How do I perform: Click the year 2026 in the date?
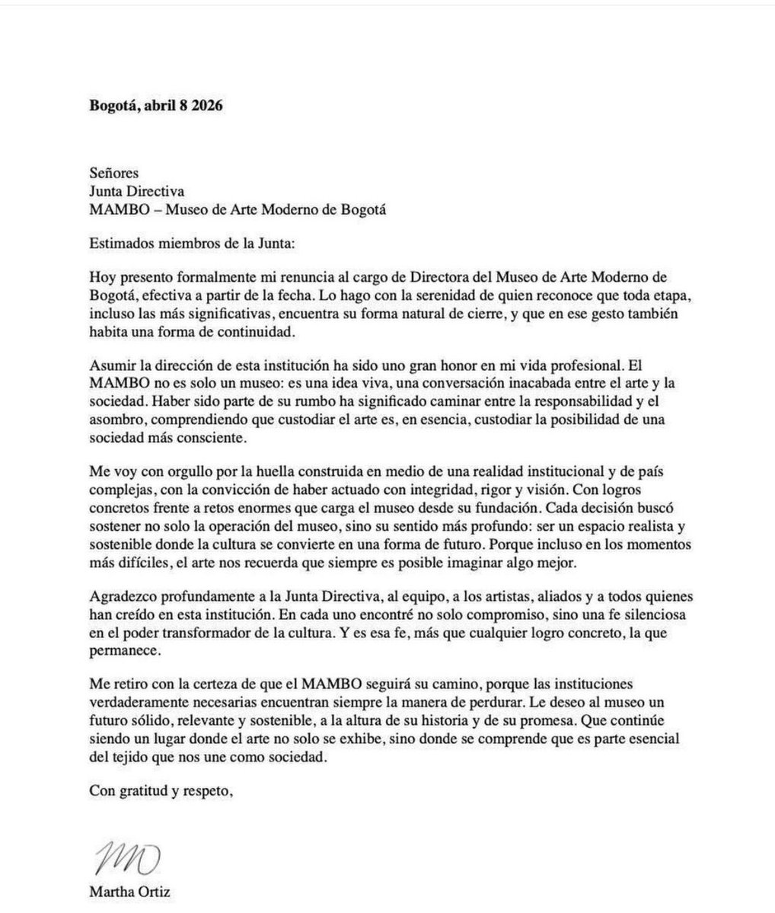pos(206,106)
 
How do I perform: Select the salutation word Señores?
pos(113,173)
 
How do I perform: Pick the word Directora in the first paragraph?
pos(416,279)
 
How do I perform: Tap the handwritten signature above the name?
pos(124,857)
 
